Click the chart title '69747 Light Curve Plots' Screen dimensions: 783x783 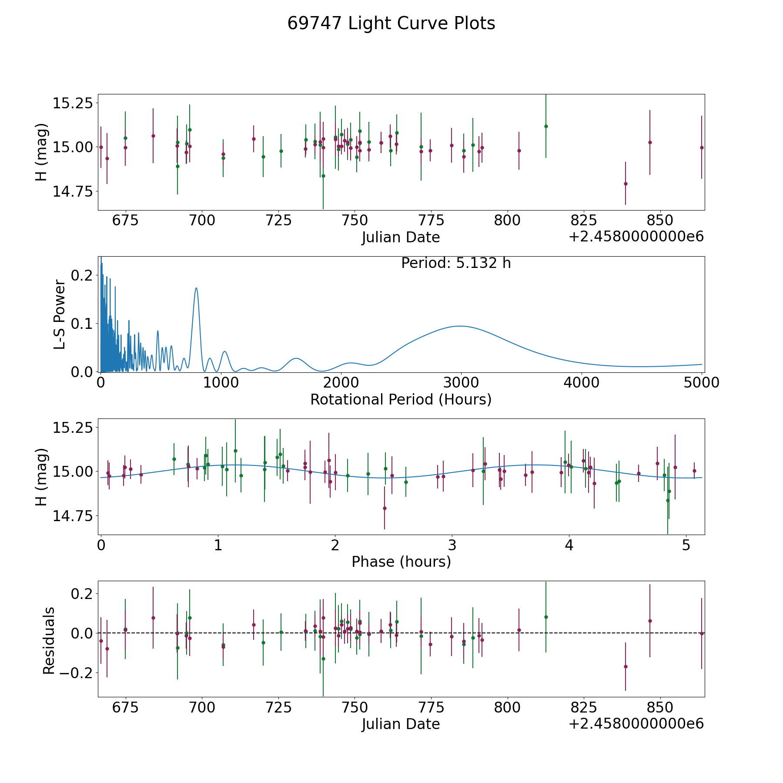[391, 23]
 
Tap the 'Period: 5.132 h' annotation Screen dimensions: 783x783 [456, 263]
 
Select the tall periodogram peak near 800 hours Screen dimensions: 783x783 [197, 288]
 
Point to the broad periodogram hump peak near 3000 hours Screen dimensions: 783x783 [460, 326]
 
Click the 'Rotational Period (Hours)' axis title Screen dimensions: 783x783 [401, 399]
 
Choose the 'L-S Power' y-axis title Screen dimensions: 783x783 [60, 315]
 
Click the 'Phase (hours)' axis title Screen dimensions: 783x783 [401, 562]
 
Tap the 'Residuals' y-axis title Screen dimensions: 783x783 [49, 641]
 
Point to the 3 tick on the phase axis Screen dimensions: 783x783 [452, 545]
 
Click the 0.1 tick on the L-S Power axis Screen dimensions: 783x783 [82, 324]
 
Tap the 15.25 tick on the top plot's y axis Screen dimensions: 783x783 [73, 104]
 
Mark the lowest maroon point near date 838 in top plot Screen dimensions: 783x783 [626, 184]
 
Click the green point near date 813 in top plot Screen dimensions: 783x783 [546, 126]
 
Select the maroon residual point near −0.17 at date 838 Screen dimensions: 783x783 [626, 666]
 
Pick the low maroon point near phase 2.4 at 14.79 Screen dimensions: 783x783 [385, 508]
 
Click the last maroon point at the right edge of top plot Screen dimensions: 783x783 [702, 147]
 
